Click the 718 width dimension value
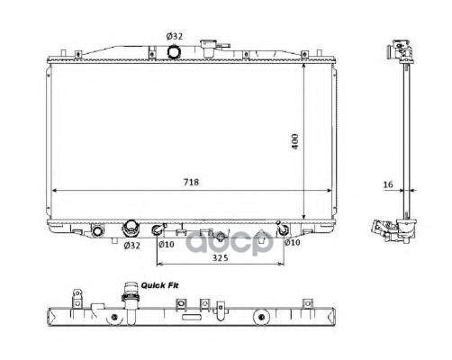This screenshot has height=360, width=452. point(191,182)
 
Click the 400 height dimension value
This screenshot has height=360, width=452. point(295,141)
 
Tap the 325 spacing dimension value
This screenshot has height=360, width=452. point(221,257)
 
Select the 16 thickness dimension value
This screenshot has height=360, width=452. point(388,184)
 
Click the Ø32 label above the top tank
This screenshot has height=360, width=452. point(175,36)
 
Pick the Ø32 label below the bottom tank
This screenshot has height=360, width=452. point(132,246)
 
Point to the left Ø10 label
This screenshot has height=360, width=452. point(167,245)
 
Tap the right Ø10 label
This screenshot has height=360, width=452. point(293,242)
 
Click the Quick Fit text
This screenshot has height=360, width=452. point(159,285)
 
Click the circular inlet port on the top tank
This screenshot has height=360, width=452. point(174,52)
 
